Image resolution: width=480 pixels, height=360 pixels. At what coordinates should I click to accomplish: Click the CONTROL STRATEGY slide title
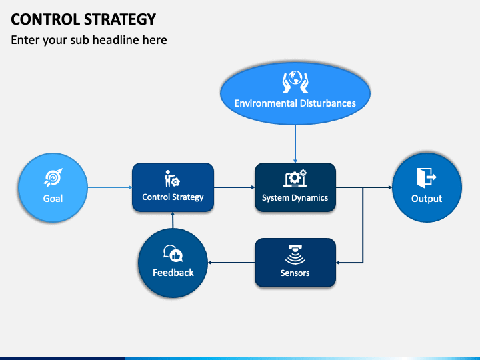[x=83, y=19]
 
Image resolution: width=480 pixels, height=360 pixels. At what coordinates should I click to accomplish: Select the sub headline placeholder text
[x=89, y=40]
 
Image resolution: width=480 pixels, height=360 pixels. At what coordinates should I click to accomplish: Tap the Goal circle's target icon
[x=53, y=177]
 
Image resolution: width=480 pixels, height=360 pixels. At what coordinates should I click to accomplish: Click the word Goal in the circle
[x=53, y=199]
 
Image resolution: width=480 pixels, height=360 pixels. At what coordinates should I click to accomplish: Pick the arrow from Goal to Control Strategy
[x=109, y=187]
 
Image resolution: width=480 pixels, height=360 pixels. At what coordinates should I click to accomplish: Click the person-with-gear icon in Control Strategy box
[x=172, y=179]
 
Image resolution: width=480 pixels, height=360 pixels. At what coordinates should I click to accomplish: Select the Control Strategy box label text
[x=173, y=197]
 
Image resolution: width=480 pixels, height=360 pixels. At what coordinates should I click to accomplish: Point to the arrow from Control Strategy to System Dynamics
[x=234, y=187]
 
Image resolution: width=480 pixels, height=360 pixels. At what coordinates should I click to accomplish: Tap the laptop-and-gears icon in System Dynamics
[x=295, y=178]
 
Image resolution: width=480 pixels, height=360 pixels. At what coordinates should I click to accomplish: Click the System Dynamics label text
[x=295, y=198]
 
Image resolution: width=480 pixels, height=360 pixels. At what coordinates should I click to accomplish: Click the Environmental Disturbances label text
[x=295, y=103]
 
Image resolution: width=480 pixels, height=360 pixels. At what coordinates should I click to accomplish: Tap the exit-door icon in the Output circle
[x=426, y=177]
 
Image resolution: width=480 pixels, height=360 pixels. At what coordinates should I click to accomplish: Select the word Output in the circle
[x=427, y=199]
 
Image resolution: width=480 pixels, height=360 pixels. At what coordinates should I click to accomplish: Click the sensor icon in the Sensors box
[x=295, y=253]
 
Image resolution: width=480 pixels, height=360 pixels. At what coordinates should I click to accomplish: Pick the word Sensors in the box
[x=295, y=273]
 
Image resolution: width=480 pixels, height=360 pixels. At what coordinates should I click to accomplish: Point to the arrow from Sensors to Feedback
[x=231, y=262]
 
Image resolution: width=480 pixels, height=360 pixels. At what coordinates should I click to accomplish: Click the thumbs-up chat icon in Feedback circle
[x=173, y=253]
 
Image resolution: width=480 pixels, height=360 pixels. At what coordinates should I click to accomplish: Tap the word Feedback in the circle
[x=173, y=273]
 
